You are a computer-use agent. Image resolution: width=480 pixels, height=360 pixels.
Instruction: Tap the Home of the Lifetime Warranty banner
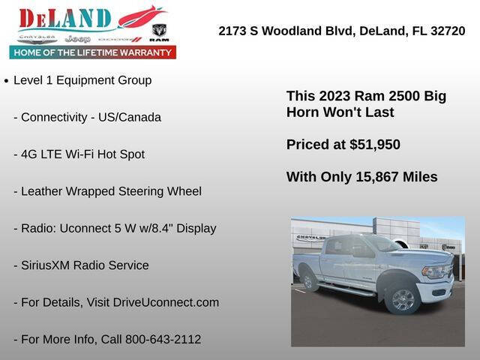click(x=93, y=52)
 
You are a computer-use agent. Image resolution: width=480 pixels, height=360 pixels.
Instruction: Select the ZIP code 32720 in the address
click(x=447, y=31)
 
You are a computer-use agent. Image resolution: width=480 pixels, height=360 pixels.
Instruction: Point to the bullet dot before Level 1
click(x=6, y=80)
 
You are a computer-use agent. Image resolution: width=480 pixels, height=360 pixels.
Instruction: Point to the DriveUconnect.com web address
click(x=166, y=302)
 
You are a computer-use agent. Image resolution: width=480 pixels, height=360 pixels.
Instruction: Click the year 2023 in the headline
click(x=334, y=96)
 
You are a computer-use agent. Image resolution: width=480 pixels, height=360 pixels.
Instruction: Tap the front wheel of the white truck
click(x=403, y=298)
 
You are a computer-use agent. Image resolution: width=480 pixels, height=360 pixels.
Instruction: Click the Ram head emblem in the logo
click(x=158, y=31)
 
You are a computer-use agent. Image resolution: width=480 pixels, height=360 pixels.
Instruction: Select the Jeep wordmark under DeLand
click(x=77, y=38)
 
